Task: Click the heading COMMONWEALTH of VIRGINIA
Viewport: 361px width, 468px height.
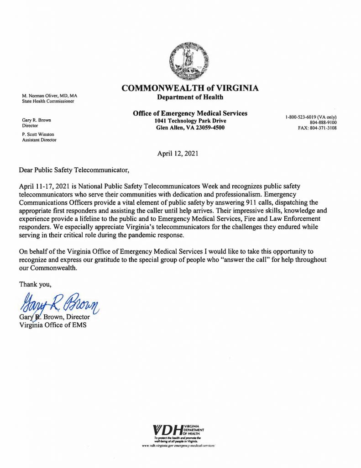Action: tap(190, 88)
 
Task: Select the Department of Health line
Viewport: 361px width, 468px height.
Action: tap(190, 97)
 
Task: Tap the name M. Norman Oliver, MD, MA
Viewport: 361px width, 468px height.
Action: tap(50, 96)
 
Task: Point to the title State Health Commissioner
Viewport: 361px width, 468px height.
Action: tap(48, 101)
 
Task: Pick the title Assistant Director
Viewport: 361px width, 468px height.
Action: tap(39, 140)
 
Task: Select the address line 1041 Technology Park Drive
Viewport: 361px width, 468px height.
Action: tap(190, 121)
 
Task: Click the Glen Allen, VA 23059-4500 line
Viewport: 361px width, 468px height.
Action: tap(190, 128)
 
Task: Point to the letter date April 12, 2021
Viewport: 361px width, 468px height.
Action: tap(178, 154)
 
